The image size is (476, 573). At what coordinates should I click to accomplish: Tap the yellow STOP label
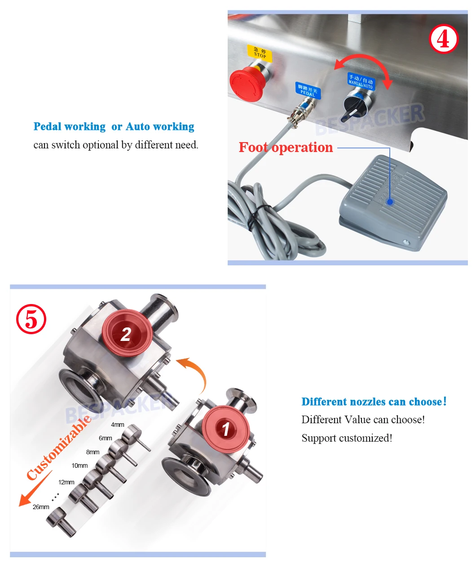click(260, 53)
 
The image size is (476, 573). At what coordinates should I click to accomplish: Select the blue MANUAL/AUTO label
click(361, 81)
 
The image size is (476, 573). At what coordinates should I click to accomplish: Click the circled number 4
click(444, 39)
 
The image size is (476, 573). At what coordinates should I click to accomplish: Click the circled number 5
click(31, 319)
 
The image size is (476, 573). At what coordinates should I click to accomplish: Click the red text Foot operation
click(286, 148)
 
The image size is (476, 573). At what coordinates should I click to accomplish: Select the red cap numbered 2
click(126, 333)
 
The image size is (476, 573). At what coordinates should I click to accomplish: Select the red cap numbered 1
click(225, 429)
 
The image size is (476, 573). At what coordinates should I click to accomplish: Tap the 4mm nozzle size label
click(118, 425)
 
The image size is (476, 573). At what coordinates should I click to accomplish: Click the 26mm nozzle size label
click(41, 507)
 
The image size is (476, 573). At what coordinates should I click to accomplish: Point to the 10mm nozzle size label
click(79, 466)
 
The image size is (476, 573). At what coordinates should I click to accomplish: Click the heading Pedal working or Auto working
click(114, 127)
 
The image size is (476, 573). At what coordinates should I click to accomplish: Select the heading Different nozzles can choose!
click(374, 402)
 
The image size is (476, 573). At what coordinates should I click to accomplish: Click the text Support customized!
click(347, 438)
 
